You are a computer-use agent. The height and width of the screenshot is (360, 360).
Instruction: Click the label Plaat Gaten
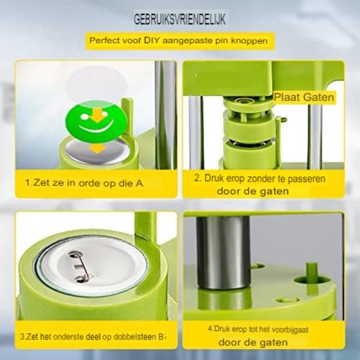coord(304,97)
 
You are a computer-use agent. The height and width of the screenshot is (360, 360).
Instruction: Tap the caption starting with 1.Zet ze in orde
coord(84,183)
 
